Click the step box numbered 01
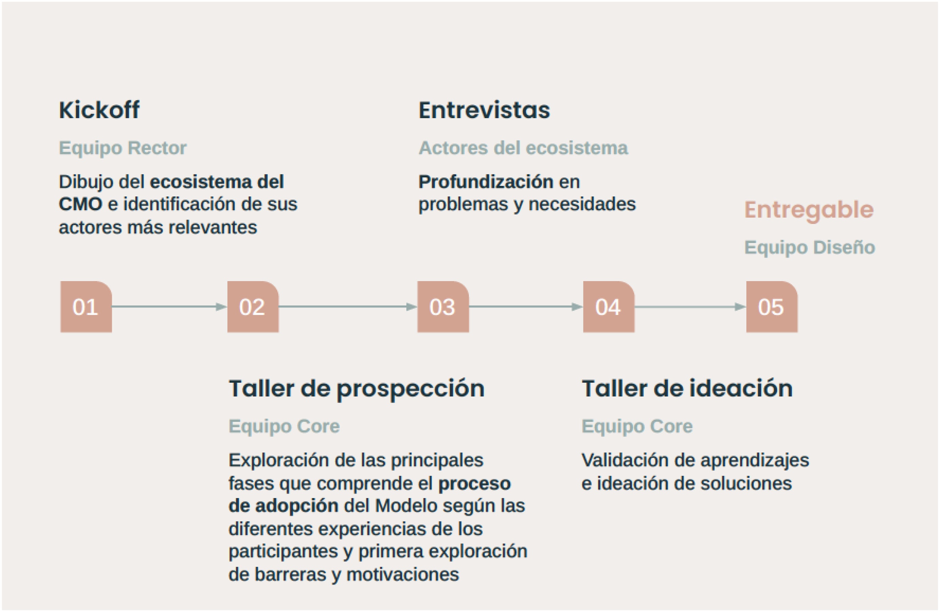(x=86, y=307)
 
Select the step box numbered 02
(x=253, y=307)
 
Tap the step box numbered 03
(x=443, y=307)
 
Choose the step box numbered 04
(x=609, y=307)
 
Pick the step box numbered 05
(x=771, y=307)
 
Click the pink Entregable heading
(x=809, y=210)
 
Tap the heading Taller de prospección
(x=356, y=388)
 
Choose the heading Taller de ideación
(x=687, y=388)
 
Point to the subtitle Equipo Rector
(x=122, y=148)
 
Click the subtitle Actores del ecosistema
(x=523, y=148)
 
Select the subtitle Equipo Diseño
(x=809, y=247)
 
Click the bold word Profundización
(x=486, y=182)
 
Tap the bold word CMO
(x=81, y=204)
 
